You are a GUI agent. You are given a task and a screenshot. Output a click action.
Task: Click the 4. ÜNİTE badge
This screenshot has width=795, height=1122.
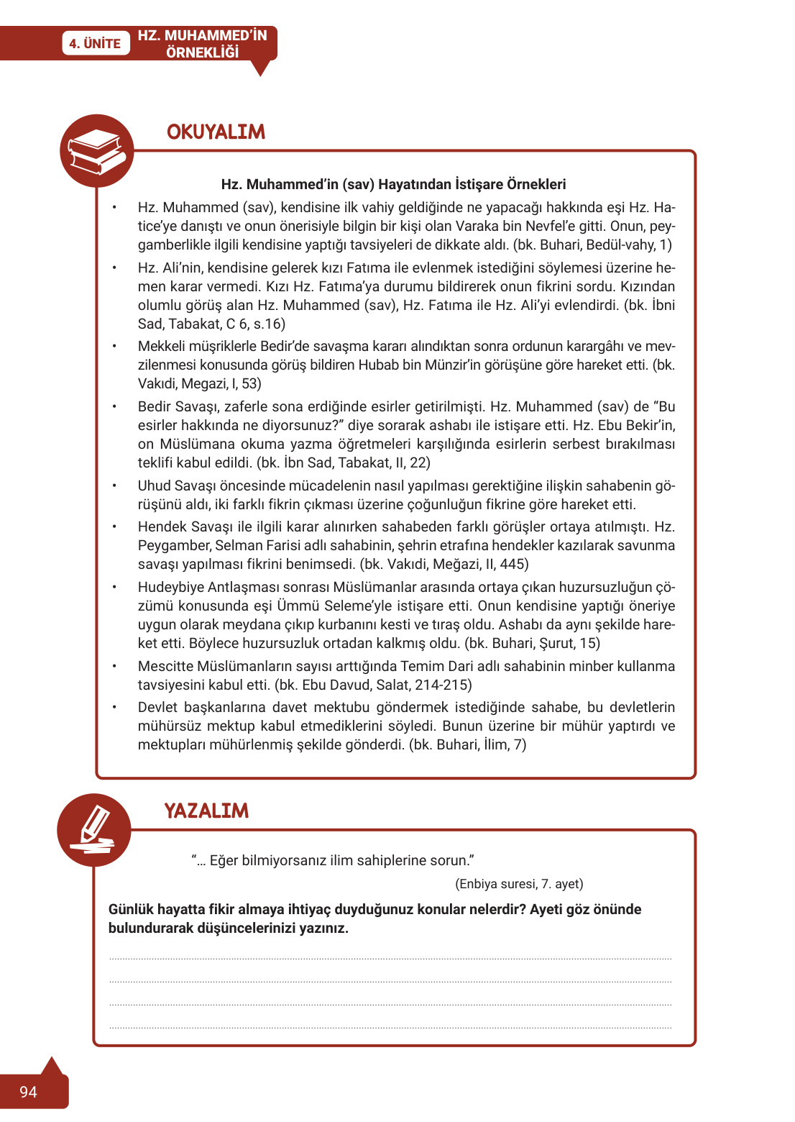pyautogui.click(x=95, y=44)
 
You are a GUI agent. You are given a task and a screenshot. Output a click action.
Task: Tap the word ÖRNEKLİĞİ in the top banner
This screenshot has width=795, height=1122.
pyautogui.click(x=202, y=53)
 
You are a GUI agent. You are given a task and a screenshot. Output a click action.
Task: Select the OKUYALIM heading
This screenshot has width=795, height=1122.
pyautogui.click(x=216, y=132)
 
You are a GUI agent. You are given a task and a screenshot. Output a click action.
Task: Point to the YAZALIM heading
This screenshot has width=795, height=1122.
pyautogui.click(x=206, y=811)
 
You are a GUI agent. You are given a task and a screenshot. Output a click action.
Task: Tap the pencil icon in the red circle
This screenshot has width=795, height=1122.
pyautogui.click(x=94, y=831)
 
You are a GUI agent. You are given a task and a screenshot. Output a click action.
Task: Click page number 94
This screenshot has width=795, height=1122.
pyautogui.click(x=28, y=1092)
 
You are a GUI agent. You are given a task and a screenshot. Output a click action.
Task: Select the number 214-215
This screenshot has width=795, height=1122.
pyautogui.click(x=438, y=685)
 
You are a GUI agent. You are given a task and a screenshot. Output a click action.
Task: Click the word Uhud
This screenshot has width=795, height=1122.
pyautogui.click(x=155, y=485)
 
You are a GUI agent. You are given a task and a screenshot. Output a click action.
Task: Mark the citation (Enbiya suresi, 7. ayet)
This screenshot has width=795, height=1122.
pyautogui.click(x=519, y=884)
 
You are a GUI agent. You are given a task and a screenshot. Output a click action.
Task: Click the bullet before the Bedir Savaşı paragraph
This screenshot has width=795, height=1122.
pyautogui.click(x=114, y=406)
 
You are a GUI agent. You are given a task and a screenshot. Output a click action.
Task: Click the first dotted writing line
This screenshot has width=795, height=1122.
pyautogui.click(x=390, y=959)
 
